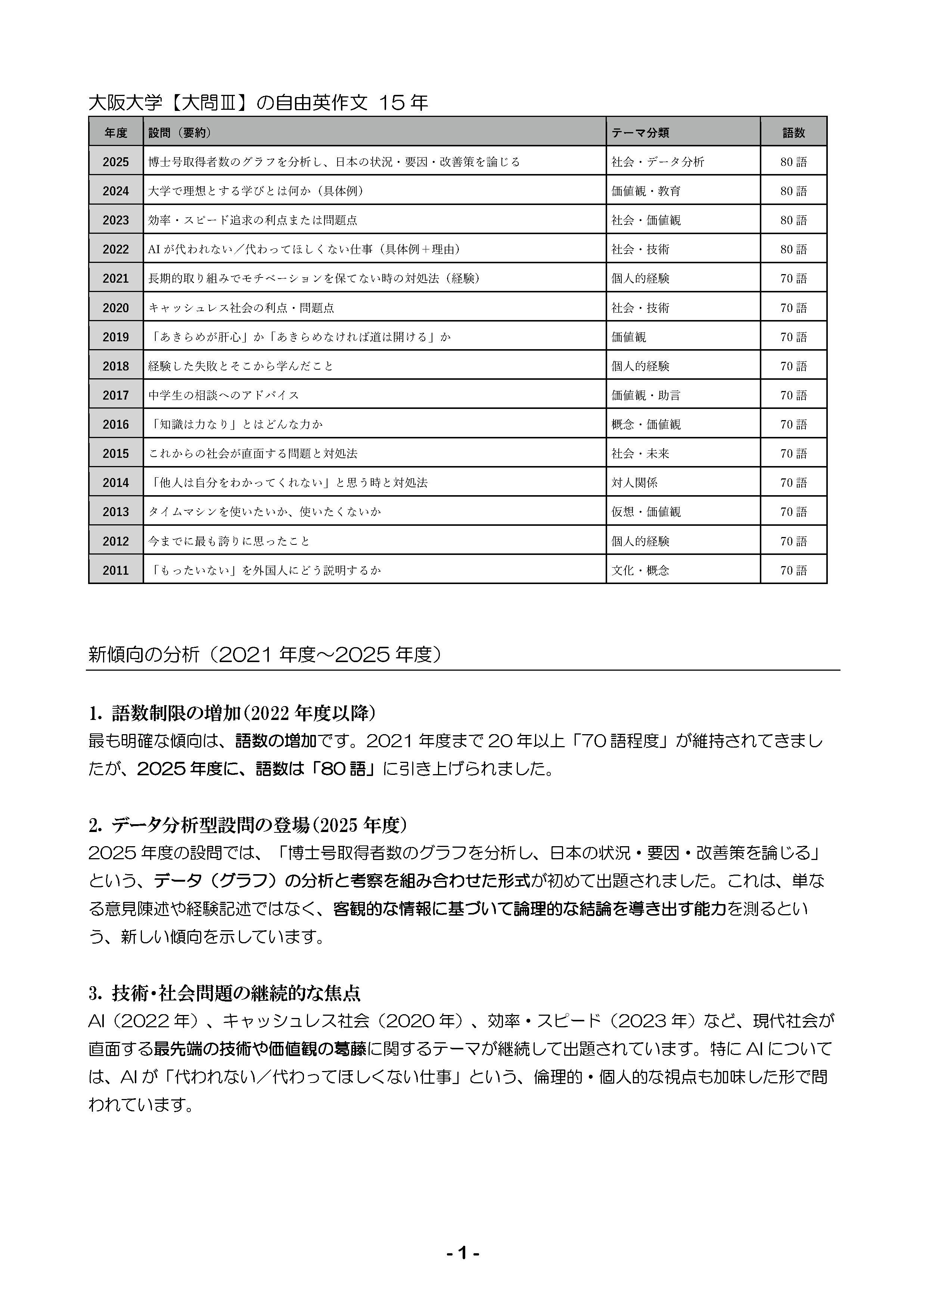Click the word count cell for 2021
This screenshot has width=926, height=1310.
pyautogui.click(x=793, y=279)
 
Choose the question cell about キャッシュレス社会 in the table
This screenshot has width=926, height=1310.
pyautogui.click(x=241, y=308)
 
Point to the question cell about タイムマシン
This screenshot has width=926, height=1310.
pyautogui.click(x=264, y=512)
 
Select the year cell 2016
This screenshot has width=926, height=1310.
pyautogui.click(x=116, y=425)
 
